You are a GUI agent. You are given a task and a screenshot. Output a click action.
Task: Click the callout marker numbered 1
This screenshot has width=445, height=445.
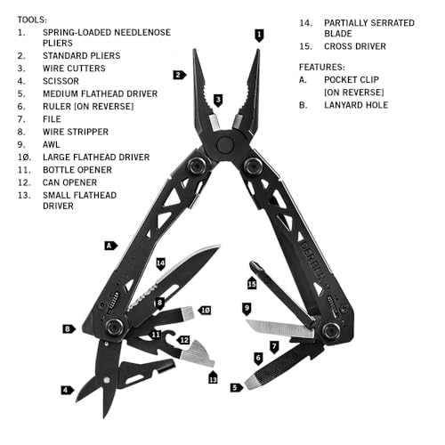[259, 36]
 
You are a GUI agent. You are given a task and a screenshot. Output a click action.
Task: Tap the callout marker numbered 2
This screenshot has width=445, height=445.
[180, 76]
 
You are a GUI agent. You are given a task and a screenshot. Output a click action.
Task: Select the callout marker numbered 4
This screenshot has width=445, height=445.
[66, 390]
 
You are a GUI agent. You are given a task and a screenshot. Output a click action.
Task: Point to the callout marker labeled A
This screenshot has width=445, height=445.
[110, 244]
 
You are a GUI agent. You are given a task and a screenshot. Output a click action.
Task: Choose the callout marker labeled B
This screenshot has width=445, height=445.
[68, 328]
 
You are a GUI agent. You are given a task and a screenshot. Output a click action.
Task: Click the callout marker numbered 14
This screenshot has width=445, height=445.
[161, 263]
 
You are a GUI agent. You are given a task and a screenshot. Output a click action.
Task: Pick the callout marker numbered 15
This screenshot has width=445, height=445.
[252, 284]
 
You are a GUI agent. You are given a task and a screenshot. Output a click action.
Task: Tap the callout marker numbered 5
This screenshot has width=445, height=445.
[235, 387]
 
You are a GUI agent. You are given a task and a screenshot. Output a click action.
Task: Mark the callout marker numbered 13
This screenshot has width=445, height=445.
[213, 379]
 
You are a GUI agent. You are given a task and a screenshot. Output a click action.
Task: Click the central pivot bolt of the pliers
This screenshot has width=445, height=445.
[226, 144]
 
